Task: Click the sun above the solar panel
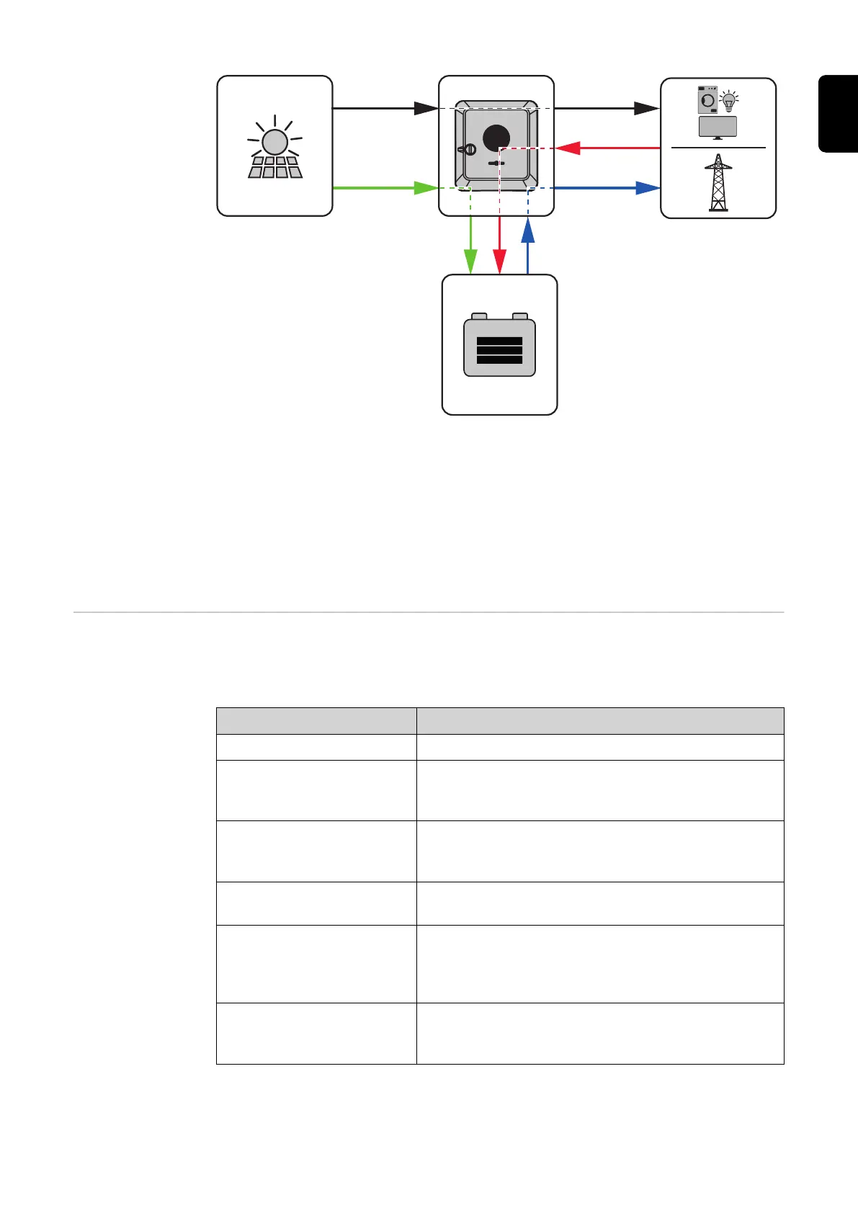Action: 274,142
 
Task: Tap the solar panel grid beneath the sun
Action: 275,167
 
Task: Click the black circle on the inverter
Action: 496,138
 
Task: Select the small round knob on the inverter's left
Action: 469,150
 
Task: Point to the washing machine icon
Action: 707,100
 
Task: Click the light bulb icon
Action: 729,102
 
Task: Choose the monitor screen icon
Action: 718,127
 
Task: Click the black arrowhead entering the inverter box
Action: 426,109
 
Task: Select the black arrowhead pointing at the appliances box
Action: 646,109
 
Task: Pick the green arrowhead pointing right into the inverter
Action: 426,188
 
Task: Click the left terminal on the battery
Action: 479,316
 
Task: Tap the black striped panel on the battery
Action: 499,350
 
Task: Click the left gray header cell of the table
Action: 316,720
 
